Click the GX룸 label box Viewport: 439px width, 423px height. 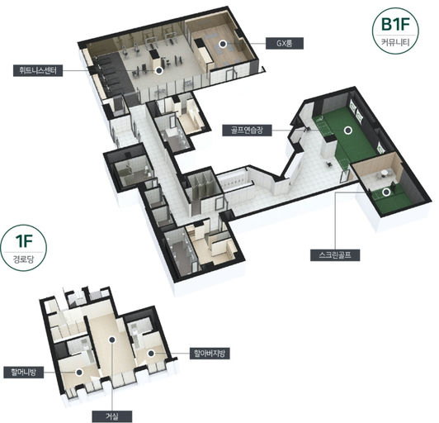coord(285,44)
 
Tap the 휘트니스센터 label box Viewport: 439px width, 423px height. coord(38,70)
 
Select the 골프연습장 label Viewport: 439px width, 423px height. coord(247,130)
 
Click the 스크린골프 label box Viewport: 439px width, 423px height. coord(335,254)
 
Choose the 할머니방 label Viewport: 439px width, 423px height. coord(23,373)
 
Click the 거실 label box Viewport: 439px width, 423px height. coord(112,416)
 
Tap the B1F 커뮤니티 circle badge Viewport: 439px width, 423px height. coord(395,31)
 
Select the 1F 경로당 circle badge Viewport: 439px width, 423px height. coord(23,248)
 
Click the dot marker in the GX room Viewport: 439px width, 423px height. coord(223,44)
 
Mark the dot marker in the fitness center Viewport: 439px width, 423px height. coord(159,71)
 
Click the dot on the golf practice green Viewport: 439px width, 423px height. coord(348,130)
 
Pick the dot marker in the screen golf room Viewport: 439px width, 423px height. coord(386,192)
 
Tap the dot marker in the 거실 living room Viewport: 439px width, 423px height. coord(112,340)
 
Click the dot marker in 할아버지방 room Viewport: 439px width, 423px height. coord(151,354)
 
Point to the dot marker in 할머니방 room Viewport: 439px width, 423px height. coord(79,373)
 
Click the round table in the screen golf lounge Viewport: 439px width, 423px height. coord(386,172)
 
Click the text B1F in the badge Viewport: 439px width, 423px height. coord(395,25)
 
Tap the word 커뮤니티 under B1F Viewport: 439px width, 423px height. coord(395,43)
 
